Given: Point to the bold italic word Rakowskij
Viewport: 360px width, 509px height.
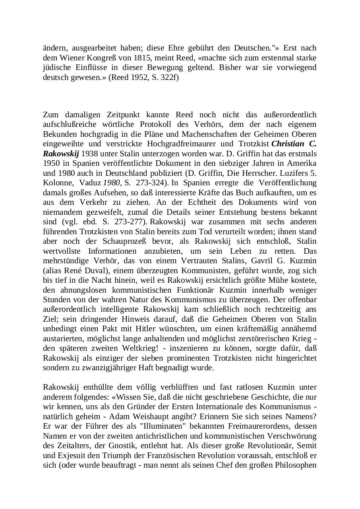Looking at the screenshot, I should click(61, 153).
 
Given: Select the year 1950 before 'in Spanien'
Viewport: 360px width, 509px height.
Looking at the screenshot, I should click(51, 163).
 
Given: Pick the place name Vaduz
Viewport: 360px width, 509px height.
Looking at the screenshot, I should click(90, 183).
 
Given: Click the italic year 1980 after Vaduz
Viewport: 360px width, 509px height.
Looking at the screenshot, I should click(112, 183).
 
